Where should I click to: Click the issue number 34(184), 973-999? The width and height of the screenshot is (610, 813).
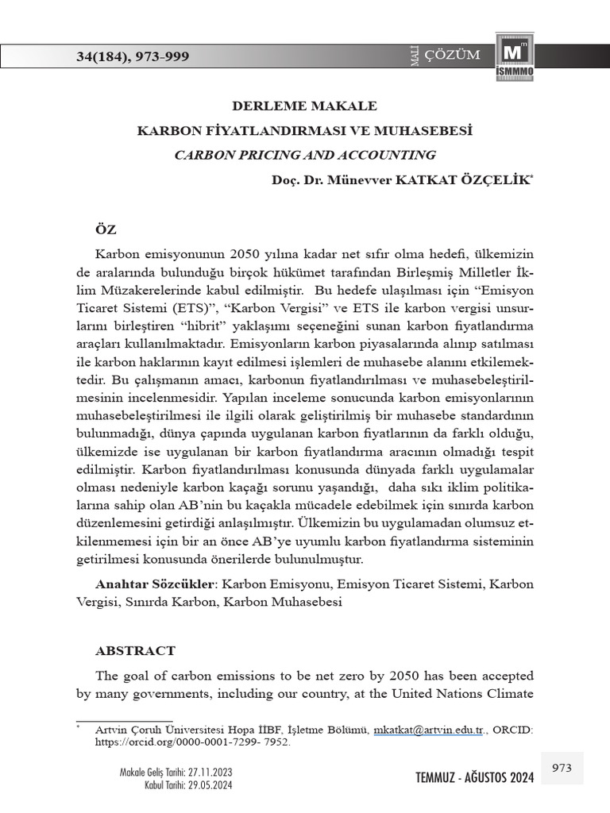(133, 56)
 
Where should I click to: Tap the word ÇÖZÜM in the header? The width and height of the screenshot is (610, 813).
(454, 55)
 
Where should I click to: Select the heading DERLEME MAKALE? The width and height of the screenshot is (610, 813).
(304, 106)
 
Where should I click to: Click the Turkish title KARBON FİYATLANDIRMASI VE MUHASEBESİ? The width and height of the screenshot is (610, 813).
(305, 130)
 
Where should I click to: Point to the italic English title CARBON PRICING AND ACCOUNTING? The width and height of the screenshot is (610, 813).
(305, 155)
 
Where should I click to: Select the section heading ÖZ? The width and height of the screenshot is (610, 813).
(106, 229)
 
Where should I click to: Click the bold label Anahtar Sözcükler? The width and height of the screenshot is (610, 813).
(155, 584)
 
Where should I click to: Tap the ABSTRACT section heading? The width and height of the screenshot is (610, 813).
(135, 650)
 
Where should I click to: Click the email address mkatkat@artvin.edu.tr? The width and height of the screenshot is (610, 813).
(428, 729)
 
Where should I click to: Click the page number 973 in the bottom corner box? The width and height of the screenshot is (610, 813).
(562, 768)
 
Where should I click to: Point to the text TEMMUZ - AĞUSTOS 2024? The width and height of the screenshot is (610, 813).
(475, 777)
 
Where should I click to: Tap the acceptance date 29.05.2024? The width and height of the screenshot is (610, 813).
(210, 784)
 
